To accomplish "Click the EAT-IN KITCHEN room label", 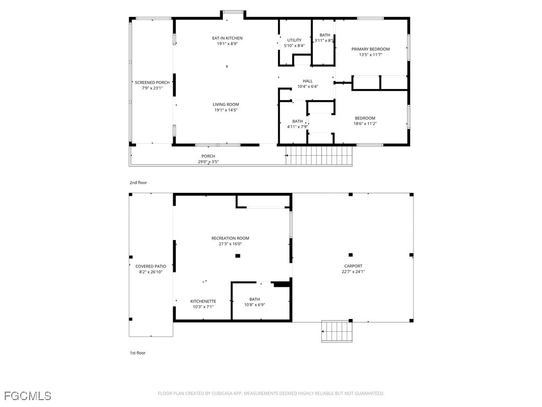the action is [227, 38].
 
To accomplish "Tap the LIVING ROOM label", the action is [225, 104].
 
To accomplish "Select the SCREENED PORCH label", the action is [152, 82].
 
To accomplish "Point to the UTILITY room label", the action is [294, 40].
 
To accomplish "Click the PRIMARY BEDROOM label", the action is [371, 49].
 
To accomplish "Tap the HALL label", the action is [308, 81].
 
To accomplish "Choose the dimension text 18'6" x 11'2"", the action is [365, 123].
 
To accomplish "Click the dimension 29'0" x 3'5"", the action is [208, 162].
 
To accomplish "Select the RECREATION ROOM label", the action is [230, 238].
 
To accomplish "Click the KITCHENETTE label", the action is [203, 302].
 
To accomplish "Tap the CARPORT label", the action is [353, 266].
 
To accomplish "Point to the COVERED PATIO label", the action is [151, 267].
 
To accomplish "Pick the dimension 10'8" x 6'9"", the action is [255, 305].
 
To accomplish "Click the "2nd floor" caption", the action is [138, 183].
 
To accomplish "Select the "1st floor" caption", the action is [138, 353].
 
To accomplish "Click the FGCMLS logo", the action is [28, 396].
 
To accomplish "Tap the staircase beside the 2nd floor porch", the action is [319, 155].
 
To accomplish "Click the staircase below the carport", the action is [337, 331].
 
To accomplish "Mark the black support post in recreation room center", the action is [238, 256].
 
